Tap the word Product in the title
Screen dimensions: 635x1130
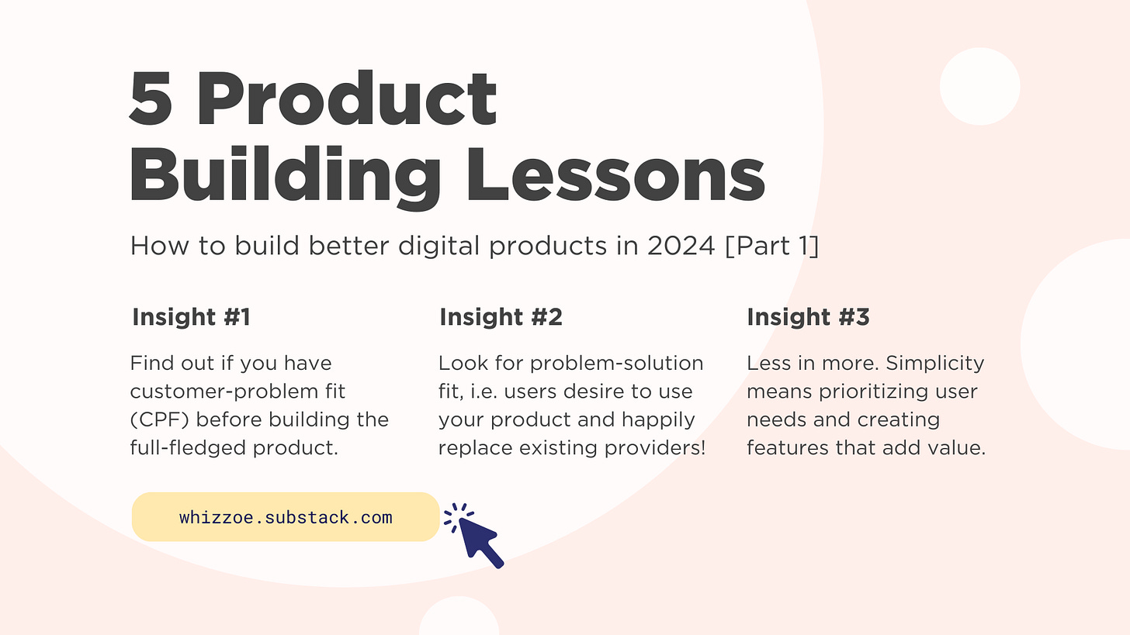click(x=346, y=98)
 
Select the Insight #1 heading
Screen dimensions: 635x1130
click(x=191, y=317)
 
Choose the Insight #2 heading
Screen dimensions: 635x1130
click(x=501, y=317)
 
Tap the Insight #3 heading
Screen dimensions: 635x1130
click(x=808, y=317)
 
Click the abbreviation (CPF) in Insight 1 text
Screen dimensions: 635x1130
click(x=161, y=419)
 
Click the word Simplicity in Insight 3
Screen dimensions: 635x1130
click(x=935, y=364)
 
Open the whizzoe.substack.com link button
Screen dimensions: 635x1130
click(x=286, y=517)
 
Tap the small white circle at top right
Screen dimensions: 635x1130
click(x=979, y=86)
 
